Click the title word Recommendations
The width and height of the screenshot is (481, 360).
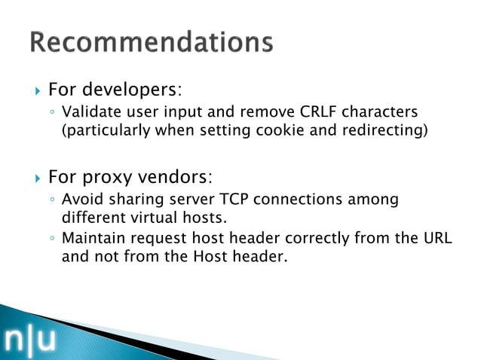point(151,41)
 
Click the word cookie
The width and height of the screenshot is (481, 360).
point(306,130)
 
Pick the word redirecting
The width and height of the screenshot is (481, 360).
point(384,130)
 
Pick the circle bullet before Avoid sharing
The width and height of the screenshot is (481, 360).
point(51,201)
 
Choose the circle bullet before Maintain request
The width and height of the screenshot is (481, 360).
point(51,239)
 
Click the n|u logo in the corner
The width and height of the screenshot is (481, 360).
point(30,340)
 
